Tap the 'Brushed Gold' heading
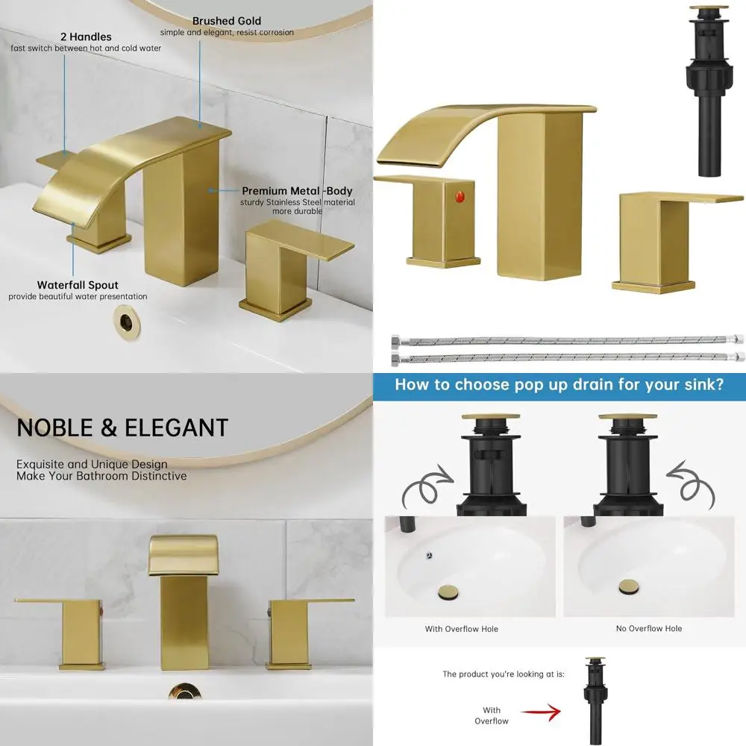227,21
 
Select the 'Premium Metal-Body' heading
297,191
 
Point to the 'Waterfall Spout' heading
78,285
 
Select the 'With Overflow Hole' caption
461,629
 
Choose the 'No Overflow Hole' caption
649,629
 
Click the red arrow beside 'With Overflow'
540,714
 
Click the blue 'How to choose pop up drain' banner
559,385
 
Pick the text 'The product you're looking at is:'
504,674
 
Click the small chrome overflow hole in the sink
429,555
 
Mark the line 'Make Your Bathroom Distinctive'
101,476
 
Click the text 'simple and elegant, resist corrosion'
227,33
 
